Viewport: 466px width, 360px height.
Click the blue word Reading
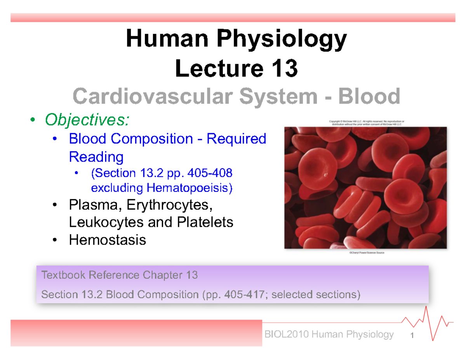[96, 157]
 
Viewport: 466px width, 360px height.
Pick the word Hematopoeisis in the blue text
[188, 188]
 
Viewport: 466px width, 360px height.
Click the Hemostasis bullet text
[108, 240]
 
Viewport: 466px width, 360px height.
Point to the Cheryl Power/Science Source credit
[366, 252]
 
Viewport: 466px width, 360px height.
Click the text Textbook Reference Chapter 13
[119, 276]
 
